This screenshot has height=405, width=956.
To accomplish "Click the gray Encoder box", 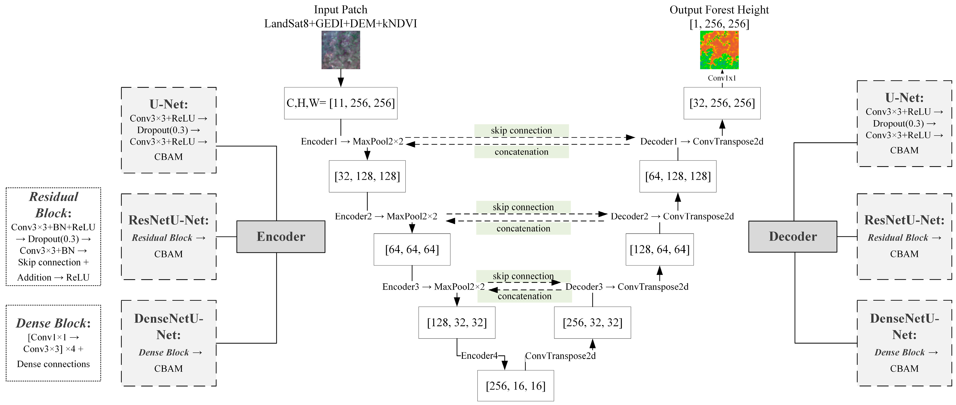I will coord(281,237).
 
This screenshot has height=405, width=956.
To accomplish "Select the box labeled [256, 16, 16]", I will coord(515,386).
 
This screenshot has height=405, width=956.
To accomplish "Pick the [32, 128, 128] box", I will coord(367,176).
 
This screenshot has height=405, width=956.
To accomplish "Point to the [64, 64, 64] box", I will coord(412,249).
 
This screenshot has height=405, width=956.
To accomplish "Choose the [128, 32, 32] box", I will coord(457,322).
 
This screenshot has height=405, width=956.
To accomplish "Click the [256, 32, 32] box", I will coord(592,322).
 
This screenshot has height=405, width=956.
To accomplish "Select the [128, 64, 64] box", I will coord(660,249).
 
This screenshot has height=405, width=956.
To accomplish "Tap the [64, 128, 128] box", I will coord(678,176).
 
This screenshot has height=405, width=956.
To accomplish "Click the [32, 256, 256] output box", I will coord(722,103).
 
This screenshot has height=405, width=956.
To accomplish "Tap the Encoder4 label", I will coord(479,356).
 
